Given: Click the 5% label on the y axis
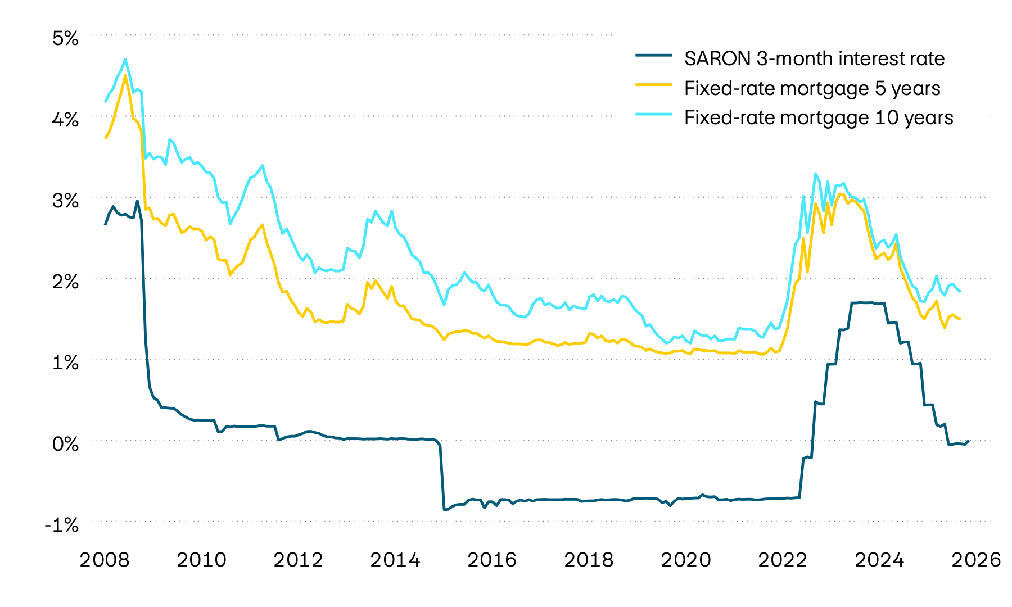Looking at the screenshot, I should point(65,38).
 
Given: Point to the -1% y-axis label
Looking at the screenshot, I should point(62,525).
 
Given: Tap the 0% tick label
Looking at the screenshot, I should point(65,444).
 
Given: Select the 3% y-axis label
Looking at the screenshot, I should point(65,201).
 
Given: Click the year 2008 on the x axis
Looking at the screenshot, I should point(105,560).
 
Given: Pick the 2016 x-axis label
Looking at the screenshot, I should point(492,560).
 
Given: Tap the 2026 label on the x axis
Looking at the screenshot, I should point(976,560).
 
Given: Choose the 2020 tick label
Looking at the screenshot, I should point(685,560).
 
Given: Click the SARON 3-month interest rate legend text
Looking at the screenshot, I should point(814,58).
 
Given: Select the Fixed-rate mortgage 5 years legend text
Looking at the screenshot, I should point(812,88).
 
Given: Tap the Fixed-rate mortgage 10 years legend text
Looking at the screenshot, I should point(819,117).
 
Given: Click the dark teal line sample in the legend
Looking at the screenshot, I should point(653,55).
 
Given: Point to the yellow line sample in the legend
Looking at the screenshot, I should point(653,85).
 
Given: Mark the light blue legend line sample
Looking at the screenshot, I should point(653,114).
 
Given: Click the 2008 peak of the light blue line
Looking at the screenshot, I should point(125,59).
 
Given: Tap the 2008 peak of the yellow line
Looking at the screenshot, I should point(125,75).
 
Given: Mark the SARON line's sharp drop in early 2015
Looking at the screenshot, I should point(442,478).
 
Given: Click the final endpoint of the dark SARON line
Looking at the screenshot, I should point(969,441).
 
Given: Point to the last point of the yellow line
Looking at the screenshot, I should point(960,319).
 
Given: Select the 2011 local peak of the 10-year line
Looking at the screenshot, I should point(263,166).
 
